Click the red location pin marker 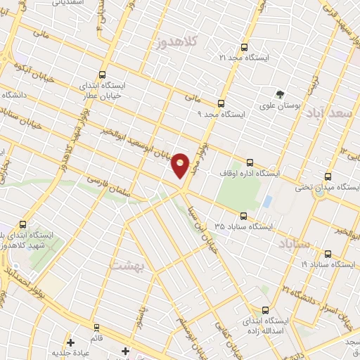coord(181,165)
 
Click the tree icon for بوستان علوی coord(281,94)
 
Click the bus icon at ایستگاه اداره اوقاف coord(249,162)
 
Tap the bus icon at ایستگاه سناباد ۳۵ coord(243,217)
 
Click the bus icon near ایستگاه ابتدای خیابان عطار coord(103,75)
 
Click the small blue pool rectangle coord(267,201)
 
